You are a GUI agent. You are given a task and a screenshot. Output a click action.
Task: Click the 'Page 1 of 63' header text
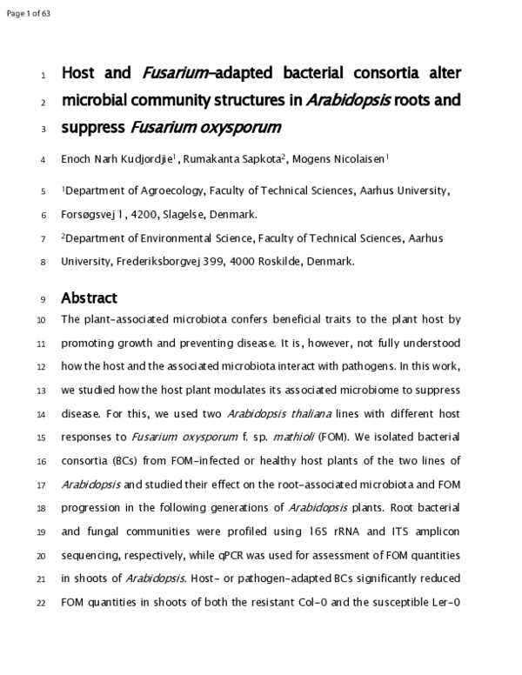pyautogui.click(x=29, y=10)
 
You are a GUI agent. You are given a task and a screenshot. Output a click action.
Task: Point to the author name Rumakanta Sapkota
pyautogui.click(x=244, y=159)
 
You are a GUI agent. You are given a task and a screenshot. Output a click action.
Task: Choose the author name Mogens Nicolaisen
pyautogui.click(x=342, y=159)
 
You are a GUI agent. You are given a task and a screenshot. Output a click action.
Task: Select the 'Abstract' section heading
pyautogui.click(x=89, y=297)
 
